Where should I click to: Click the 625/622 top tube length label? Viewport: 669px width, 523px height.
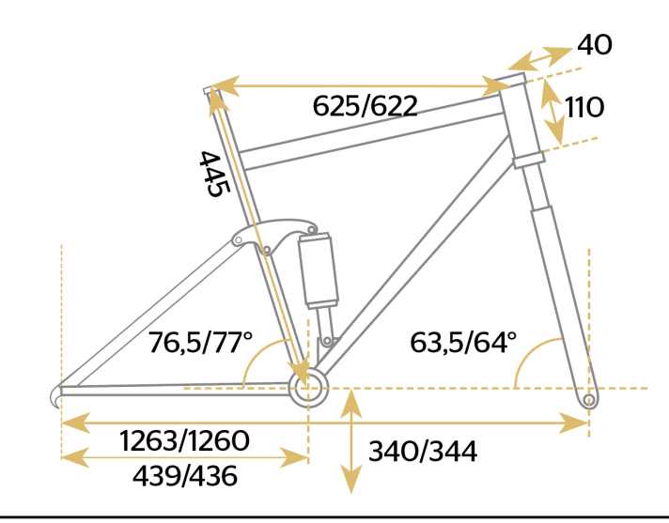coord(366,106)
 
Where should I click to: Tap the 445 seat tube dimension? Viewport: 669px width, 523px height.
coord(215,174)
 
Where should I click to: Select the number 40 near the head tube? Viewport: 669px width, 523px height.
coord(595,44)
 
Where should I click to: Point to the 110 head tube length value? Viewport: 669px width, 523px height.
coord(584,107)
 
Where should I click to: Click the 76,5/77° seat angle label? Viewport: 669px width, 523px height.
coord(200,342)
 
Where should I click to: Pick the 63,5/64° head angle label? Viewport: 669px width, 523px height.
coord(463,342)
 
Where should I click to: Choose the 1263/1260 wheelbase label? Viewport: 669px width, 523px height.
coord(185,440)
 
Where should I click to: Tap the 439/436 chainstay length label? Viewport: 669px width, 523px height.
coord(185,476)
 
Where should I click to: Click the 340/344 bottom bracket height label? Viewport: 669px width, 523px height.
coord(423,452)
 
